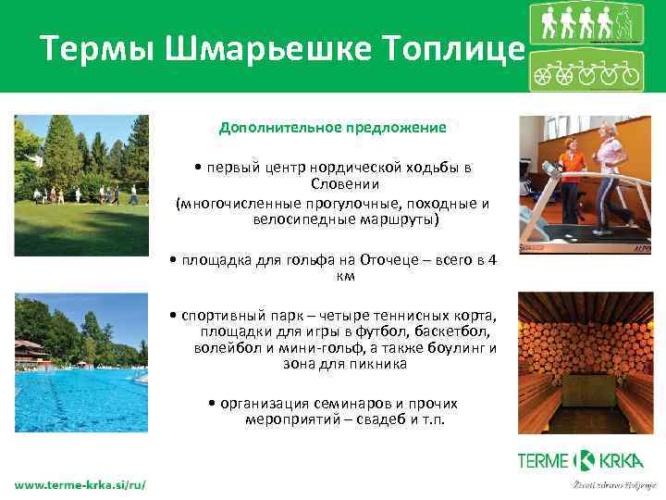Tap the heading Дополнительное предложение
[332, 127]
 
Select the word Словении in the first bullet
[332, 184]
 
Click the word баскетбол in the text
[452, 331]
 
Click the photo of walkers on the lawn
[81, 185]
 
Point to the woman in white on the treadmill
[612, 176]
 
